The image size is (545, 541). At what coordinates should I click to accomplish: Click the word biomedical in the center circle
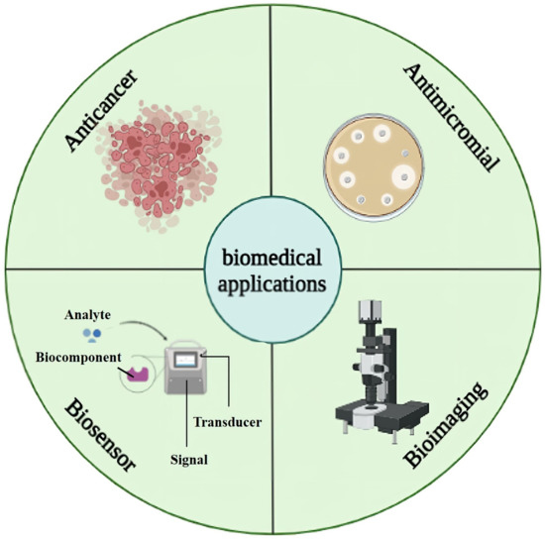pyautogui.click(x=272, y=261)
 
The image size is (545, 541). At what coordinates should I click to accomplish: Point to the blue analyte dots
pyautogui.click(x=92, y=337)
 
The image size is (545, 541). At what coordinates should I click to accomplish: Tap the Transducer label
pyautogui.click(x=229, y=423)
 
